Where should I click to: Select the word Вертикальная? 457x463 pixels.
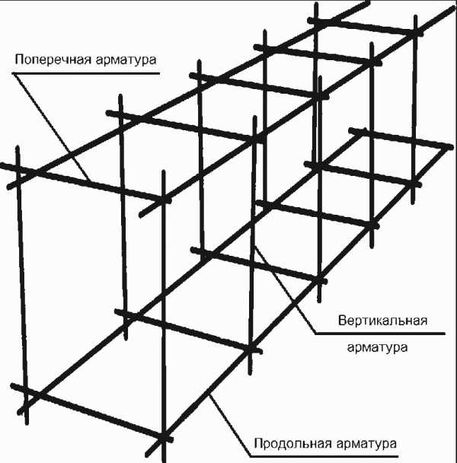382,321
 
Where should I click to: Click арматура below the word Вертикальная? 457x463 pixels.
377,347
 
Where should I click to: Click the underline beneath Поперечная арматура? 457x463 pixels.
85,72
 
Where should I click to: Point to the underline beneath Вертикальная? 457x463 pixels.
380,334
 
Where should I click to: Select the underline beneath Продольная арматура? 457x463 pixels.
324,457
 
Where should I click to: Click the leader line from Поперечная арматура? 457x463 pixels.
51,126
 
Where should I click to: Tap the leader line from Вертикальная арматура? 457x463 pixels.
286,290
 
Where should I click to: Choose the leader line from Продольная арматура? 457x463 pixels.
230,426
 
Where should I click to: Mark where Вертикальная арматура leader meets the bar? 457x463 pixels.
255,246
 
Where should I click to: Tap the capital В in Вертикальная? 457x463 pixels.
342,321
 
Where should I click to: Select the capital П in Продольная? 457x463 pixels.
258,443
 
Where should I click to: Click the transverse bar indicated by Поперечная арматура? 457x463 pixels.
85,183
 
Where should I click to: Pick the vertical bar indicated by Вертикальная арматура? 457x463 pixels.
253,245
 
